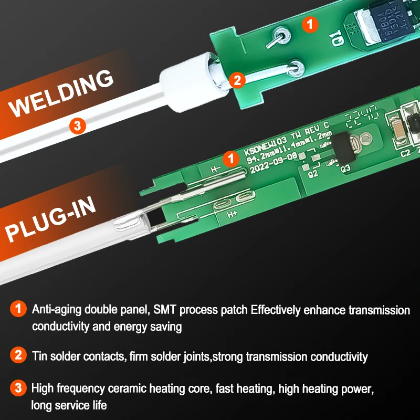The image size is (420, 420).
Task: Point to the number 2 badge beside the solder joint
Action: tap(237, 80)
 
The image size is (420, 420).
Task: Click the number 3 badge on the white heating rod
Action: tap(77, 125)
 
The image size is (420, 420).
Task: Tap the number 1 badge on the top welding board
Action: tap(311, 23)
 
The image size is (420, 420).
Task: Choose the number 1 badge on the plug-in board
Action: tap(230, 157)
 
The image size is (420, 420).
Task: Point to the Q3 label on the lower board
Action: tap(345, 169)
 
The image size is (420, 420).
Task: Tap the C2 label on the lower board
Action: tap(405, 154)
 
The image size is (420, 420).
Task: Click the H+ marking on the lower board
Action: tap(232, 214)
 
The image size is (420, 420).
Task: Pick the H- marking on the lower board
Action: tap(215, 169)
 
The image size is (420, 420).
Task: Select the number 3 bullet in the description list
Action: tap(17, 389)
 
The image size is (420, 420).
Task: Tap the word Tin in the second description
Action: tap(39, 357)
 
